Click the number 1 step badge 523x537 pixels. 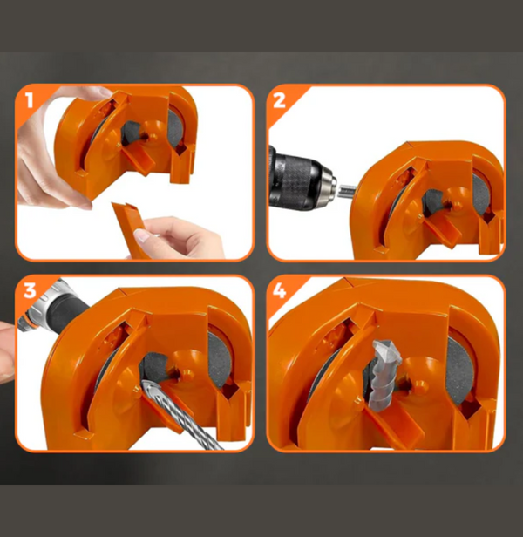(x=29, y=100)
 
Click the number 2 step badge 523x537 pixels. (x=279, y=100)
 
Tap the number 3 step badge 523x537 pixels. (x=30, y=291)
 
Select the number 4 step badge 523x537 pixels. (x=279, y=291)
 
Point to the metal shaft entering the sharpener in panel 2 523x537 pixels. (x=347, y=191)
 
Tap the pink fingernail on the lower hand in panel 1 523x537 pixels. (x=141, y=235)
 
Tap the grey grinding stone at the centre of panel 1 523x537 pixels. (x=132, y=133)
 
